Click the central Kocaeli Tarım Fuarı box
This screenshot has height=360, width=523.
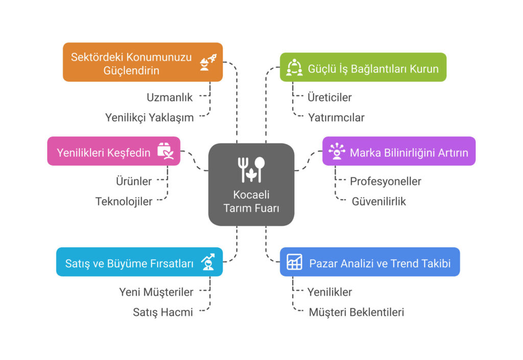pyautogui.click(x=251, y=184)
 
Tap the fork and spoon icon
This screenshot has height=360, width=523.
pyautogui.click(x=251, y=169)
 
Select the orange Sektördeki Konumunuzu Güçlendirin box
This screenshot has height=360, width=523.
pyautogui.click(x=142, y=62)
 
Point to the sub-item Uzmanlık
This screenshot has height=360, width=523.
pyautogui.click(x=170, y=97)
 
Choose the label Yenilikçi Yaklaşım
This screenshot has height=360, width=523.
pyautogui.click(x=149, y=117)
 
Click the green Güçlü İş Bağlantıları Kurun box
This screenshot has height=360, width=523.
pyautogui.click(x=363, y=67)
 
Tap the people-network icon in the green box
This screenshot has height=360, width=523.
pyautogui.click(x=294, y=67)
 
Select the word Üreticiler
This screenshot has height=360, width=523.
pyautogui.click(x=329, y=97)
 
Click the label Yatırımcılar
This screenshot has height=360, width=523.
pyautogui.click(x=336, y=117)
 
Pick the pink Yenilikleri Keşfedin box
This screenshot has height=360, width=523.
pyautogui.click(x=113, y=151)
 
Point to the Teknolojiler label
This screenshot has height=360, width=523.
pyautogui.click(x=124, y=201)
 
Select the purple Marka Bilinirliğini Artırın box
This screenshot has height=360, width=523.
pyautogui.click(x=399, y=151)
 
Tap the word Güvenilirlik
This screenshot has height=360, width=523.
pyautogui.click(x=378, y=201)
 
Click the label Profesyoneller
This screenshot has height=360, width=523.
pyautogui.click(x=385, y=181)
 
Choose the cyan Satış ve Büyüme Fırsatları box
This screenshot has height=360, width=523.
pyautogui.click(x=139, y=262)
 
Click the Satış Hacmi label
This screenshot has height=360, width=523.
pyautogui.click(x=162, y=312)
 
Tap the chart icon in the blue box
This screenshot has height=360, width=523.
pyautogui.click(x=294, y=262)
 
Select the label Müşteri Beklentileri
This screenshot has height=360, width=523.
pyautogui.click(x=356, y=312)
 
